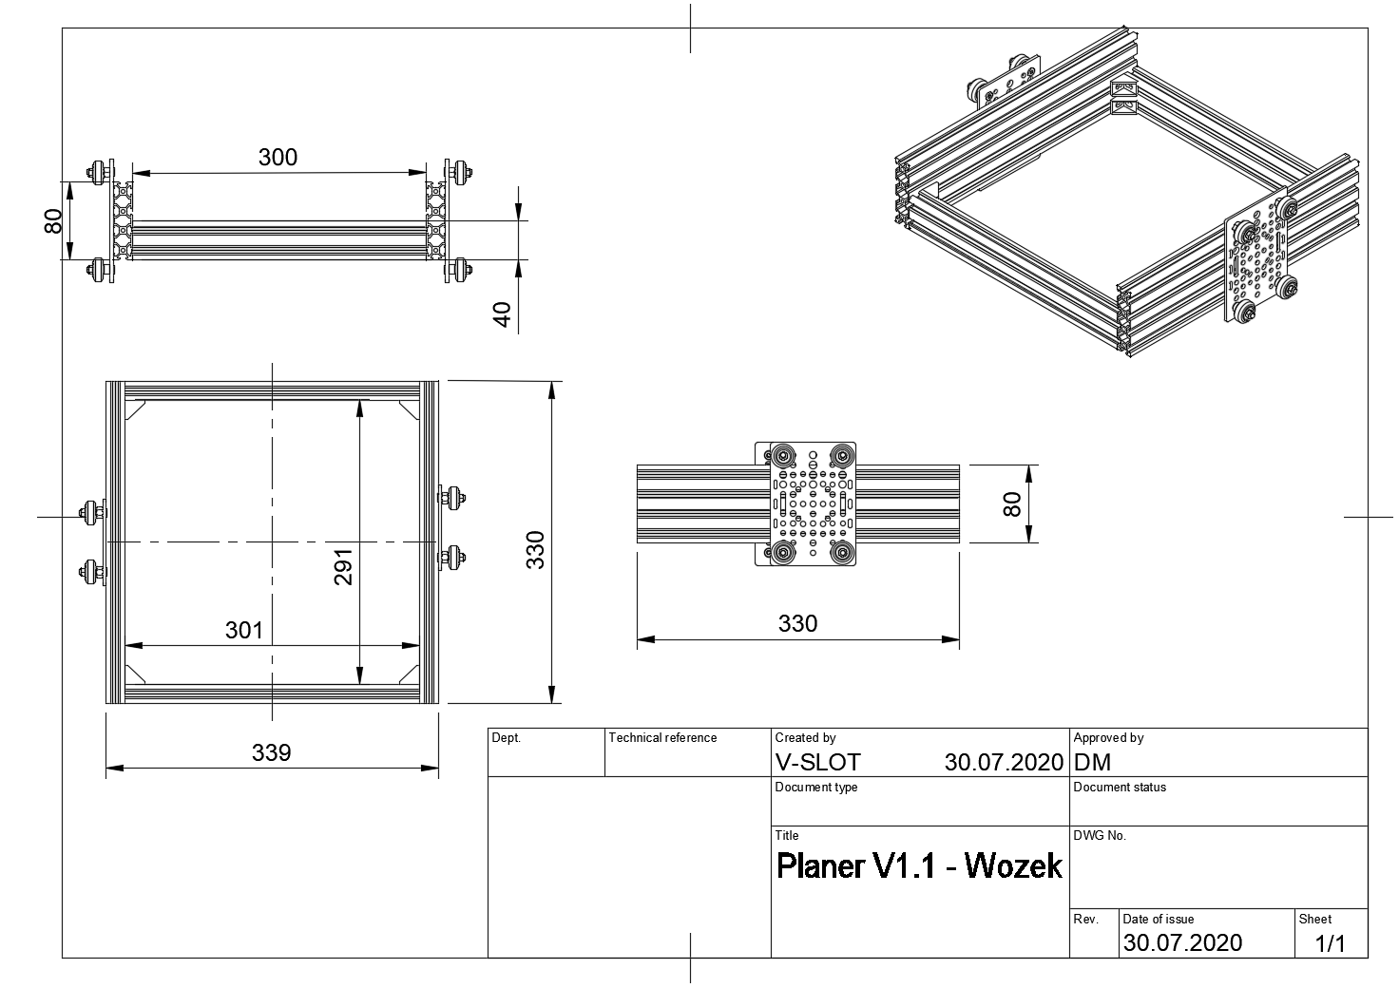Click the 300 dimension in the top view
click(278, 158)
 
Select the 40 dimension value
click(502, 313)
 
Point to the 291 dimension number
click(343, 567)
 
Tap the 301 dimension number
click(244, 631)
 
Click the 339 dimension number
click(271, 752)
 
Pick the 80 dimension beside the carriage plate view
click(1012, 504)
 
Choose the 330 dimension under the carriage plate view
click(797, 623)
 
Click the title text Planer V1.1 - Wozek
click(919, 866)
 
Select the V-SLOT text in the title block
click(817, 762)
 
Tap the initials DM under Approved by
click(1092, 762)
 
